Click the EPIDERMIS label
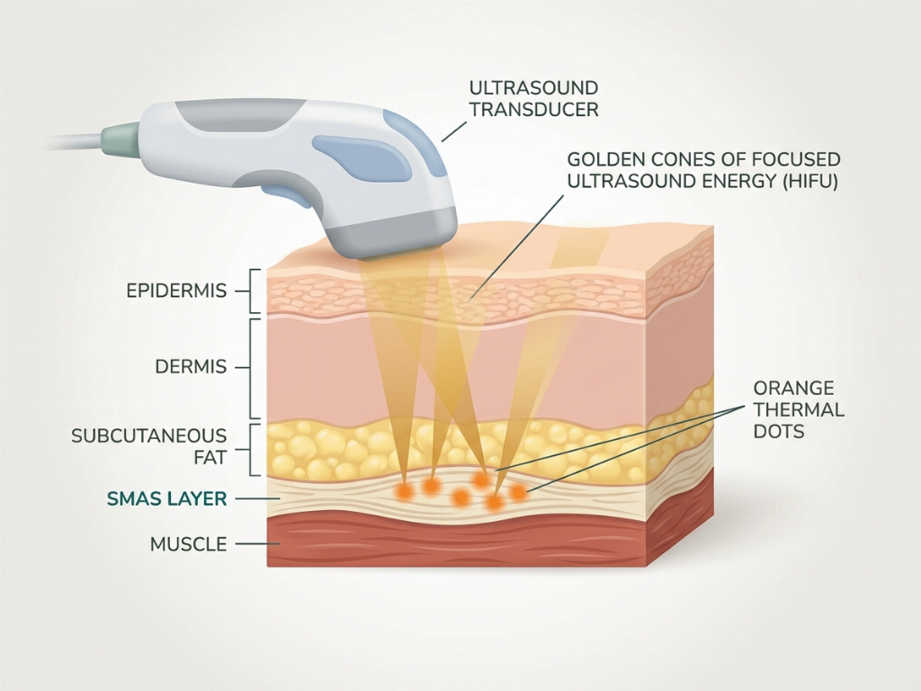pyautogui.click(x=176, y=291)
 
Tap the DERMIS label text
pyautogui.click(x=191, y=367)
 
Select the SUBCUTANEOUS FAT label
pyautogui.click(x=148, y=446)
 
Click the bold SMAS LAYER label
pyautogui.click(x=166, y=498)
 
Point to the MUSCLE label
pyautogui.click(x=189, y=544)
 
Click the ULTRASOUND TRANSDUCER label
pyautogui.click(x=534, y=98)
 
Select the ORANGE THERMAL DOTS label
pyautogui.click(x=799, y=409)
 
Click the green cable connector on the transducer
pyautogui.click(x=121, y=137)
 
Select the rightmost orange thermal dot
pyautogui.click(x=518, y=492)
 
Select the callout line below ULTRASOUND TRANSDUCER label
pyautogui.click(x=454, y=131)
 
